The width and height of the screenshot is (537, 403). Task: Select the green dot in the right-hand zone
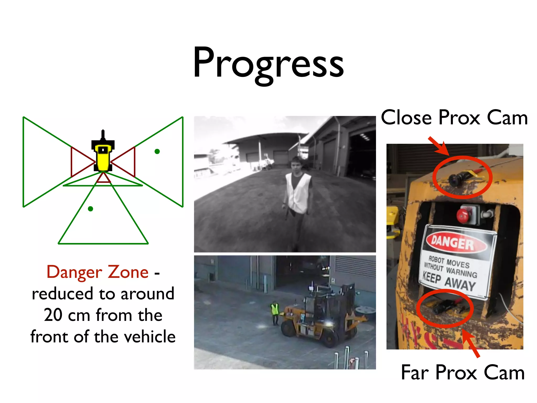[x=157, y=151]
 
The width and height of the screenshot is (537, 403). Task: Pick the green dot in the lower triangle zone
[x=90, y=209]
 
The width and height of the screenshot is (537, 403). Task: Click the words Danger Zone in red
[x=98, y=272]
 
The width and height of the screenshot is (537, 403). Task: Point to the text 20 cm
[x=66, y=315]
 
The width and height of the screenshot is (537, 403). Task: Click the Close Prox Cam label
[x=454, y=118]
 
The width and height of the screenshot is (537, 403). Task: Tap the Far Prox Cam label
[x=463, y=373]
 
